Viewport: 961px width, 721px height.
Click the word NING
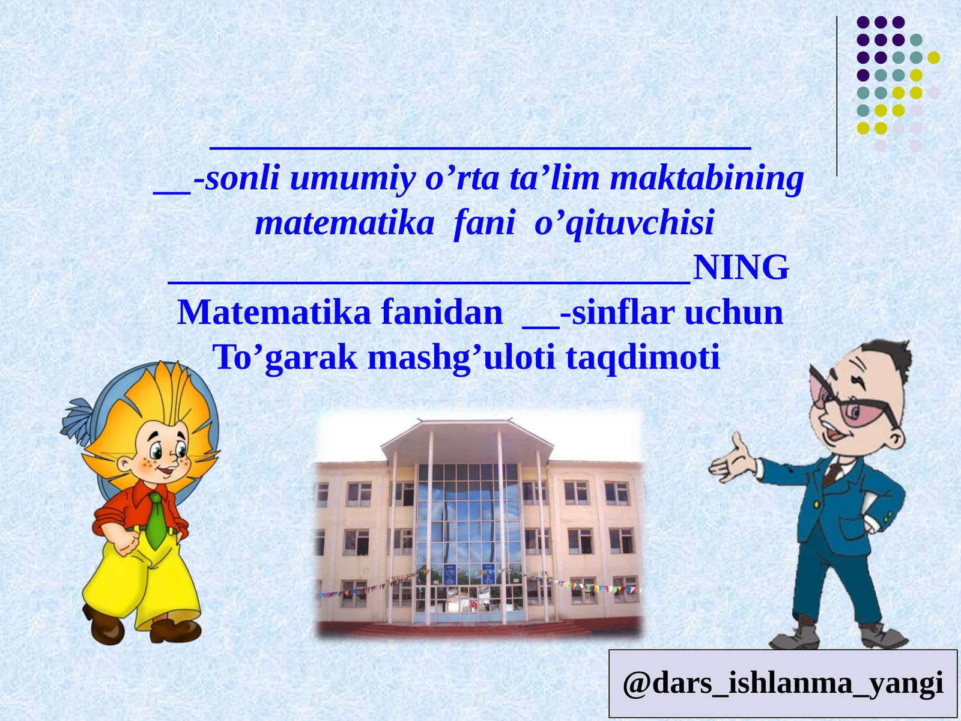741,268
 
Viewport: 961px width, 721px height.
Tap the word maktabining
706,178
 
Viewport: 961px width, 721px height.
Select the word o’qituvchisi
624,223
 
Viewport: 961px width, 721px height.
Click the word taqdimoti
643,357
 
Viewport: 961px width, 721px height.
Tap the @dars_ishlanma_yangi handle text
783,683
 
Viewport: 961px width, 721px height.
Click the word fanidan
441,313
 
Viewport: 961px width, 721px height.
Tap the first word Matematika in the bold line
273,313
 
